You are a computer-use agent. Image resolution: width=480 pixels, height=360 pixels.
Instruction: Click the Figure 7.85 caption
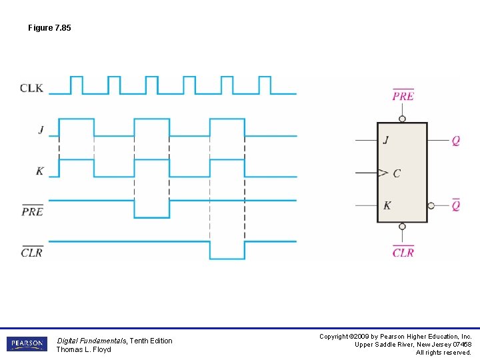coord(49,28)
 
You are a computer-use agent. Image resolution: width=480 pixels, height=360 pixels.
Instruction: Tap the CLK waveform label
coord(32,88)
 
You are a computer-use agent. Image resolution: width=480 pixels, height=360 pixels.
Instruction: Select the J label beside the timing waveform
coord(41,130)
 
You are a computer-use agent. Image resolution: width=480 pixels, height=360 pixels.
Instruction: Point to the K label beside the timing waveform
coord(40,171)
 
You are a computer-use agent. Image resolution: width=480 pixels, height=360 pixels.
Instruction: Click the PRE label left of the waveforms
coord(32,211)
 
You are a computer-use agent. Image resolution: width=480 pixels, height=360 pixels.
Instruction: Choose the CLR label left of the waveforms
coord(32,252)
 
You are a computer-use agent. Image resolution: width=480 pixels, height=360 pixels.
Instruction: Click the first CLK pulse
coord(76,85)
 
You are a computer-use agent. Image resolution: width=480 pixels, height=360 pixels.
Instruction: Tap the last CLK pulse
coord(265,85)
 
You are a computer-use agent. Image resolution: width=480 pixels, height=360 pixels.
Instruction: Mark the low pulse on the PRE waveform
coord(152,209)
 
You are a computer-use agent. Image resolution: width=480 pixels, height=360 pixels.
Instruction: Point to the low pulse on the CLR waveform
coord(227,250)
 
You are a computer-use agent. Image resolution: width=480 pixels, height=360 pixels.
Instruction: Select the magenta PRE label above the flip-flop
coord(403,96)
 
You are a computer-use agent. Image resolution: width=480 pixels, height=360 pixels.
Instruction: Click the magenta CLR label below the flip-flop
coord(403,252)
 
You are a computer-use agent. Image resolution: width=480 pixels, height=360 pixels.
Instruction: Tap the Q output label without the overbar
coord(455,141)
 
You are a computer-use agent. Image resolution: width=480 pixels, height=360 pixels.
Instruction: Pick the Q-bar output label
coord(455,205)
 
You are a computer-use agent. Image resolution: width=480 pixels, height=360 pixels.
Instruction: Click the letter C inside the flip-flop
coord(397,173)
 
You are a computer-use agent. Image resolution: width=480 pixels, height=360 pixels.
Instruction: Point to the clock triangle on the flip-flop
coord(382,173)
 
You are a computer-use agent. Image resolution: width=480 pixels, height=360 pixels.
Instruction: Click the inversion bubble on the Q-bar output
coord(431,206)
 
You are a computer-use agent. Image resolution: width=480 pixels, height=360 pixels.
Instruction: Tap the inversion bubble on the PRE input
coord(402,119)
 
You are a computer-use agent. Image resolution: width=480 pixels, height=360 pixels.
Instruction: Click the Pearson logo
coord(27,344)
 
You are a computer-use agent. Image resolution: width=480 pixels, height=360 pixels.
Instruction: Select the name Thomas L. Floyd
coord(83,349)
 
